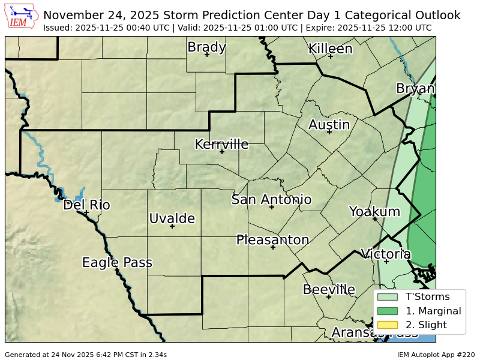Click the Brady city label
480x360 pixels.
pyautogui.click(x=206, y=47)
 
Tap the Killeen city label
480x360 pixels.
pyautogui.click(x=330, y=49)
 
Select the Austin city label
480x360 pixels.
pyautogui.click(x=329, y=125)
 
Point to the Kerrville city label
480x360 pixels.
pyautogui.click(x=221, y=144)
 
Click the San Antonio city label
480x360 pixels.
pyautogui.click(x=271, y=199)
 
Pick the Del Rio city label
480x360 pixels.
pyautogui.click(x=86, y=205)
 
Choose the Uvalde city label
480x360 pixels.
pyautogui.click(x=172, y=218)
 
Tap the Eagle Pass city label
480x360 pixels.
pyautogui.click(x=117, y=262)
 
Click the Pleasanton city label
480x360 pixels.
pyautogui.click(x=272, y=240)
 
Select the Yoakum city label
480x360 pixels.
pyautogui.click(x=374, y=211)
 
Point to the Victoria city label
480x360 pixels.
pyautogui.click(x=386, y=254)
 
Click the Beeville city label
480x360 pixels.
pyautogui.click(x=329, y=289)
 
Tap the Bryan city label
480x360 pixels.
pyautogui.click(x=415, y=89)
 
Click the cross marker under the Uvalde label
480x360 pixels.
pyautogui.click(x=172, y=226)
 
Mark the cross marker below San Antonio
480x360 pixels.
pyautogui.click(x=271, y=207)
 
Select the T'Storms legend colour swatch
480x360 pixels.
pyautogui.click(x=388, y=296)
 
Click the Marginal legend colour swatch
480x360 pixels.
pyautogui.click(x=388, y=311)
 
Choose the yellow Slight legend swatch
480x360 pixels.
pyautogui.click(x=388, y=325)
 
